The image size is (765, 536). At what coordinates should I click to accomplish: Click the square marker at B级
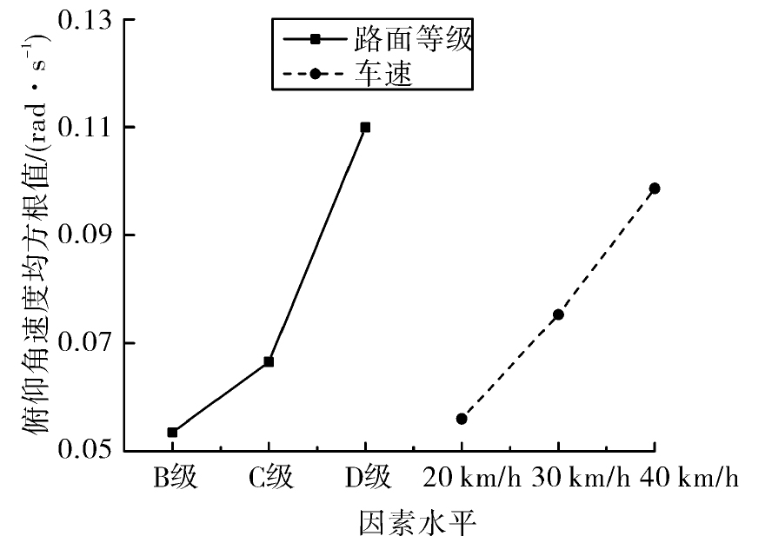click(x=172, y=432)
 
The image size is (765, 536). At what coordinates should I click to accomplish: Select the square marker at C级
click(x=269, y=361)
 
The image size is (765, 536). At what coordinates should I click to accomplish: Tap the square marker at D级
click(x=365, y=128)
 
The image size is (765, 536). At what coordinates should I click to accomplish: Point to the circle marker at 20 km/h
click(x=462, y=419)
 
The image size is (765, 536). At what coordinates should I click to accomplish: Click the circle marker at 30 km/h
click(x=558, y=314)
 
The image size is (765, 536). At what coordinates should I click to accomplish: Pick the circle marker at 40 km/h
click(x=655, y=189)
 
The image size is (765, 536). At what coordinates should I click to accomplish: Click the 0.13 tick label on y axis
click(x=84, y=20)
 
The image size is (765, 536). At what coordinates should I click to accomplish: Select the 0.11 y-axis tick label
click(x=84, y=128)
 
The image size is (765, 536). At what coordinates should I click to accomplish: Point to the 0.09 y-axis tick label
click(x=84, y=235)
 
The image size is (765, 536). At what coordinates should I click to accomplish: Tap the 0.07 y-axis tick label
click(x=84, y=342)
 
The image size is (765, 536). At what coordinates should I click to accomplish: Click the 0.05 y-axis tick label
click(x=84, y=449)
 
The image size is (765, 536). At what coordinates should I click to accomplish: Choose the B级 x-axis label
click(x=176, y=477)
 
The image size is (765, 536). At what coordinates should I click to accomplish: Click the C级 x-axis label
click(x=271, y=477)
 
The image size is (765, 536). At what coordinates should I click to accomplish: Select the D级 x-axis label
click(x=369, y=477)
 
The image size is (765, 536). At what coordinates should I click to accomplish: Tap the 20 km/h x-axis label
click(x=472, y=477)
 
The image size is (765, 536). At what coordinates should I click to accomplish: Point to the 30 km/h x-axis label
click(x=581, y=477)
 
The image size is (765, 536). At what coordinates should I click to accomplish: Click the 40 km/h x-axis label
click(x=689, y=477)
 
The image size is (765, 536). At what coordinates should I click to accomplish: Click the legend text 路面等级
click(x=414, y=38)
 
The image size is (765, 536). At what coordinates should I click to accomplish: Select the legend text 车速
click(x=384, y=74)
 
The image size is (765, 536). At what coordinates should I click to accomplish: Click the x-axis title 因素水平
click(x=417, y=522)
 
